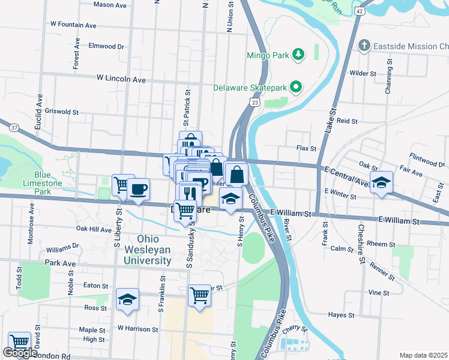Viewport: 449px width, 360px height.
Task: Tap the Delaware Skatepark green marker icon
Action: pos(295,88)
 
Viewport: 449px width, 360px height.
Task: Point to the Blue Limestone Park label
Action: pos(42,183)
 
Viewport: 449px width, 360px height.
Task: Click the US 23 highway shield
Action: pos(256,103)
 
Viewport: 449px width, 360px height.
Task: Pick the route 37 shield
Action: pos(14,128)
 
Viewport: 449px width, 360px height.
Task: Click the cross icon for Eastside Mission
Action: pos(364,46)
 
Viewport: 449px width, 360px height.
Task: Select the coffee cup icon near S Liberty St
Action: pos(139,189)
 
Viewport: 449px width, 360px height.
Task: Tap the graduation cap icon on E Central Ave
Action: pos(381,183)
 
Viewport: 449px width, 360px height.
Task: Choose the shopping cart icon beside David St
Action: pos(20,343)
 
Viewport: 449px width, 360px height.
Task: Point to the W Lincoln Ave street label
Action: pos(121,79)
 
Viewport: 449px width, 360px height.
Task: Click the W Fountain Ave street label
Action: pos(73,25)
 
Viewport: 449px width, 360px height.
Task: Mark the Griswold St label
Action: pos(62,112)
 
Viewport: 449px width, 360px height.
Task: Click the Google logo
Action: pos(20,353)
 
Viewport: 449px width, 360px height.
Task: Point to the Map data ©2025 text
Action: pos(423,355)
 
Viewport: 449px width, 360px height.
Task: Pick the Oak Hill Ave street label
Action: pos(94,229)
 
